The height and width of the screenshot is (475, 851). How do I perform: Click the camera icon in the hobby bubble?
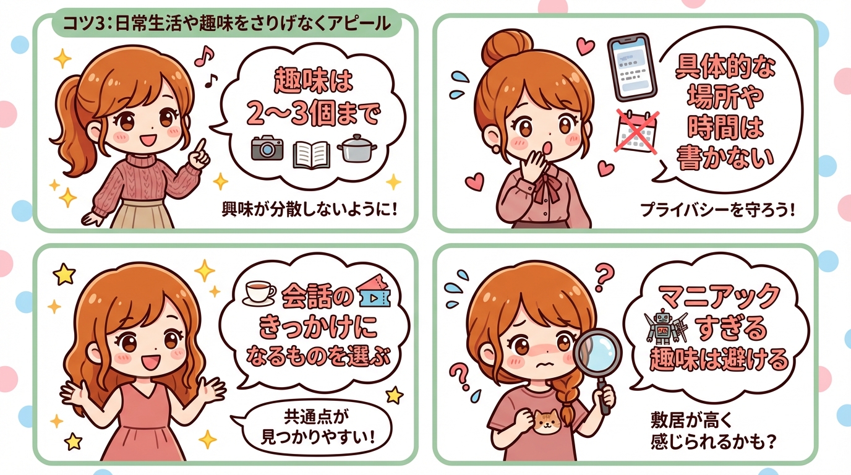267,148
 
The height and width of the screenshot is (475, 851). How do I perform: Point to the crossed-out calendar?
636,131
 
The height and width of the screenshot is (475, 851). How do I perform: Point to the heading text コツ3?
80,24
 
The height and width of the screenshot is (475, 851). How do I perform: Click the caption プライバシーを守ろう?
717,210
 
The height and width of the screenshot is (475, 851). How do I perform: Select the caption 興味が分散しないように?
309,209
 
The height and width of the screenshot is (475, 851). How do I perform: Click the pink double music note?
202,58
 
